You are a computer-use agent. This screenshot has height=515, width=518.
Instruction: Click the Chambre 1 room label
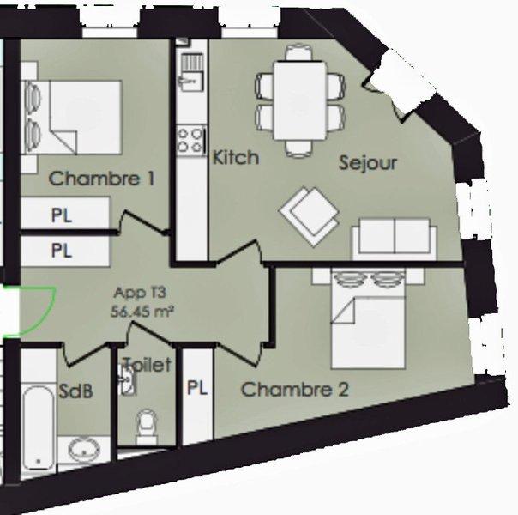tap(101, 179)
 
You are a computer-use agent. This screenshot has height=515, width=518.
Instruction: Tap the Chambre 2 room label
tap(295, 390)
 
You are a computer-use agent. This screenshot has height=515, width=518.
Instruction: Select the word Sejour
tap(368, 163)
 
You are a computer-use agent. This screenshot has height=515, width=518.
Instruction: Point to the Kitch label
tap(236, 157)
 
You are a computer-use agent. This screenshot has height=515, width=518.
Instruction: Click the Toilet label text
tap(148, 365)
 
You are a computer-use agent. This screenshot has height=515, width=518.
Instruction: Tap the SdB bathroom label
tap(75, 391)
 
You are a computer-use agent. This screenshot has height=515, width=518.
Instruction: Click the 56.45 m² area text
tap(142, 312)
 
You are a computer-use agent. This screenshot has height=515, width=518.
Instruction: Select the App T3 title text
tap(140, 293)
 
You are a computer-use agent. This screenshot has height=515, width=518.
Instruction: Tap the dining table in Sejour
tap(299, 100)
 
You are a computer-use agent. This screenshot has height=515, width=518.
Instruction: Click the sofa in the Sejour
tap(395, 239)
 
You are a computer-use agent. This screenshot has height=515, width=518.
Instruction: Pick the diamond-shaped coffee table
tap(310, 216)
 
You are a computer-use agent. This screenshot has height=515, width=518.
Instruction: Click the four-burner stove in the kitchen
tap(190, 141)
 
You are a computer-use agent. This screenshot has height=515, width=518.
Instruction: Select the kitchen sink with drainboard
tap(191, 72)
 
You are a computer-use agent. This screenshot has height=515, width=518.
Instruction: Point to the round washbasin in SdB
tap(84, 450)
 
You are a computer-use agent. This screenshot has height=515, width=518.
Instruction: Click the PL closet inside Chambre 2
tap(197, 395)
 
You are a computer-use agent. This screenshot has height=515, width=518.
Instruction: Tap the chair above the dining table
tap(299, 53)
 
